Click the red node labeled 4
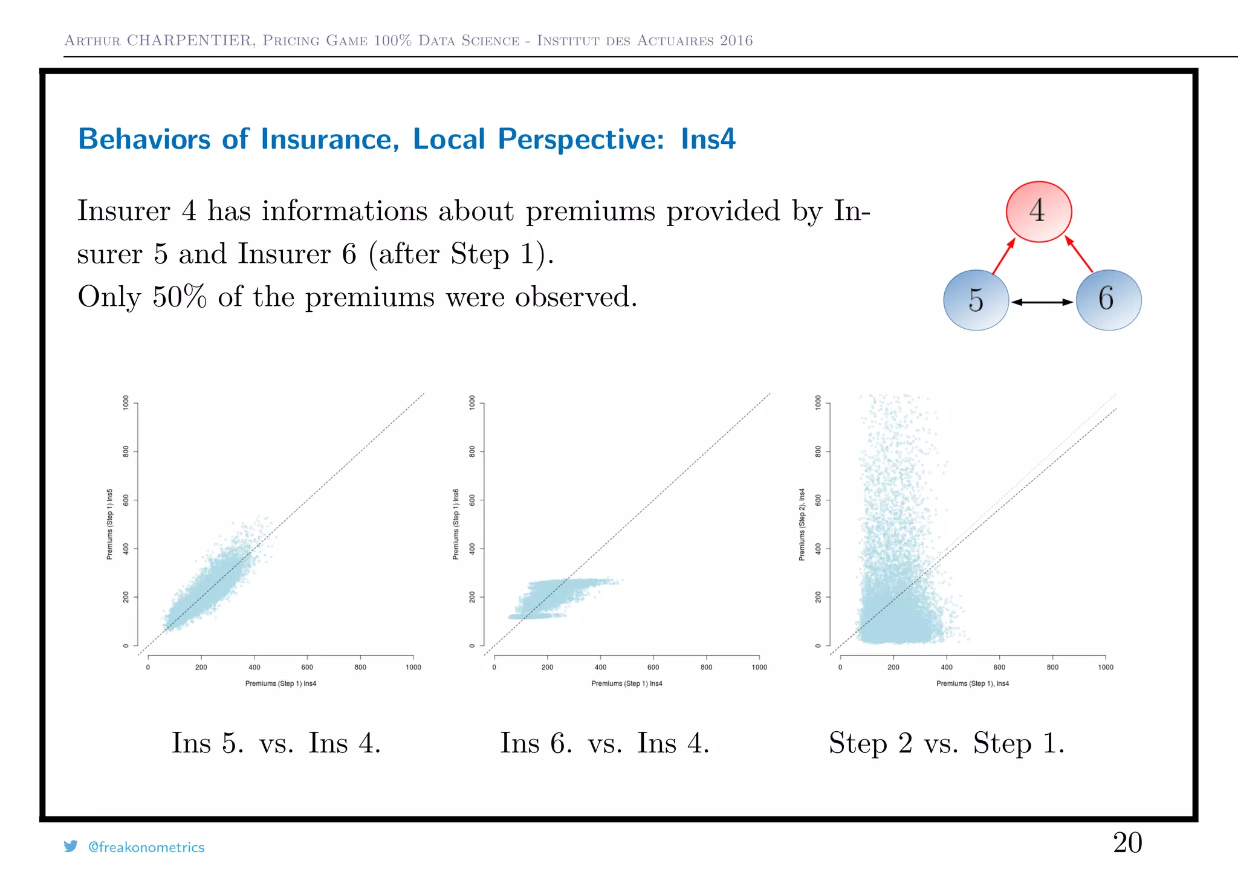[x=1039, y=211]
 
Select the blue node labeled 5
[x=976, y=300]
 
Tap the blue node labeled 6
[x=1108, y=300]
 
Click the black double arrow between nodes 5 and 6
[x=1042, y=302]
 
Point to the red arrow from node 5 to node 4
[x=1003, y=257]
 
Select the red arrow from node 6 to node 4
[x=1079, y=254]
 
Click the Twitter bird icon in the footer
[x=71, y=847]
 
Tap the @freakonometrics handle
[x=146, y=847]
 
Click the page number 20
[x=1127, y=842]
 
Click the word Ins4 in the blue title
[x=708, y=139]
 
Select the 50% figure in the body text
[x=179, y=297]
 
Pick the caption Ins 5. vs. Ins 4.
[x=276, y=743]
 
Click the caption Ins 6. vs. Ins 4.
[x=604, y=743]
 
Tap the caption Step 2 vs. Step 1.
[x=946, y=743]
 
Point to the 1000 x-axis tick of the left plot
[x=413, y=667]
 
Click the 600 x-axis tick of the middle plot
[x=653, y=667]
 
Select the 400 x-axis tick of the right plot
[x=947, y=667]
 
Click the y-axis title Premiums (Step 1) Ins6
[x=456, y=524]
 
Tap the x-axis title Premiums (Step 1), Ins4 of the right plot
[x=972, y=683]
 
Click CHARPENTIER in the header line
[x=190, y=40]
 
